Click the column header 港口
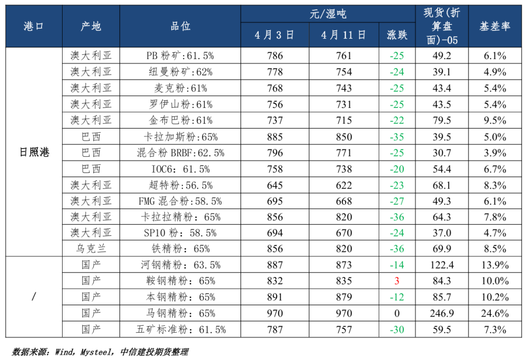tap(34, 26)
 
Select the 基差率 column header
tap(495, 26)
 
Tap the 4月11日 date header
tap(344, 35)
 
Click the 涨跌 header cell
tap(396, 35)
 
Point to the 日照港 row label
tap(34, 152)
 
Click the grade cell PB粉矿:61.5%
tap(180, 56)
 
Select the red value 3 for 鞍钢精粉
tap(397, 281)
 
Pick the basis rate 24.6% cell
tap(495, 313)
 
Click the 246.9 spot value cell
tap(442, 313)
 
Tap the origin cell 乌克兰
tap(91, 249)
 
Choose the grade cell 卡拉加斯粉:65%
tap(180, 137)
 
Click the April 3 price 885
tap(275, 137)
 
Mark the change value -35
tap(396, 137)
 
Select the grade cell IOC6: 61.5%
tap(180, 169)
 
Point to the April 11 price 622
tap(344, 185)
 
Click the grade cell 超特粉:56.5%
tap(180, 185)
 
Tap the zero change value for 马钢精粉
tap(397, 313)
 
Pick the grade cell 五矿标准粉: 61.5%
tap(180, 329)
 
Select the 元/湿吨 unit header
tap(328, 14)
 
